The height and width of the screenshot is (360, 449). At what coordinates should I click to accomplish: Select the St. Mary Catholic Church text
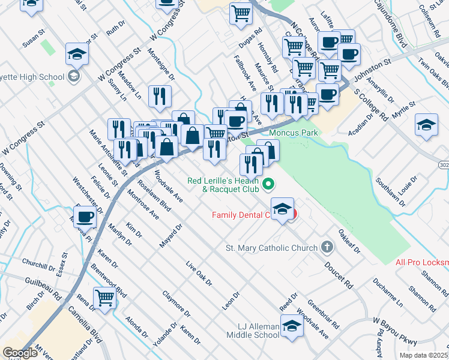271,247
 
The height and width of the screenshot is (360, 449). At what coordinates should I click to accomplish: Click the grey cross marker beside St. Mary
327,247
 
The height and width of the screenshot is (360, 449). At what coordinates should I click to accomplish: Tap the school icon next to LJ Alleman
292,327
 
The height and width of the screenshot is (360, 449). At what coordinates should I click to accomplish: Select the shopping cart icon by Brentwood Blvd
104,297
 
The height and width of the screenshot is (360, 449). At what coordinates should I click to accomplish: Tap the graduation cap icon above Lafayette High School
77,55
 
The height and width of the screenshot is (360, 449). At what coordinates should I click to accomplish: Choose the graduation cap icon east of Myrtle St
426,125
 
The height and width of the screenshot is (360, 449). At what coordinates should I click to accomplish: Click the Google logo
20,353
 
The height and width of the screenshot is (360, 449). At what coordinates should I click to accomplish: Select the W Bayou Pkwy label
394,331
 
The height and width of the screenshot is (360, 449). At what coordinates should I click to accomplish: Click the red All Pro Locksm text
422,262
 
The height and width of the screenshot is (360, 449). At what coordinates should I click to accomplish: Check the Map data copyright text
423,355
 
